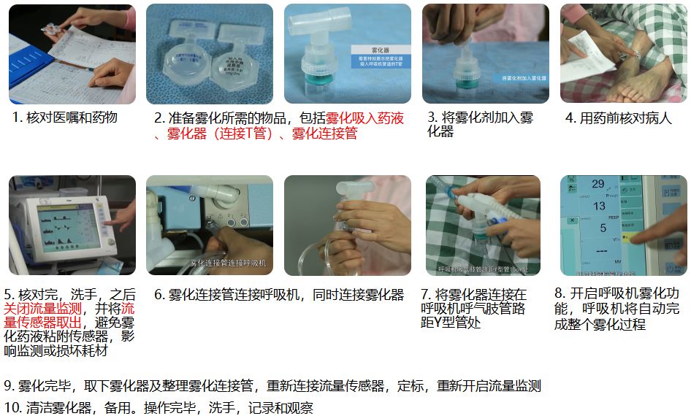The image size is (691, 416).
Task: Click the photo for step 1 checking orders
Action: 72,54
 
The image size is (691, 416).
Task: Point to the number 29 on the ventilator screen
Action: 598,184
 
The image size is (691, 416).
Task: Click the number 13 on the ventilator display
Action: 599,206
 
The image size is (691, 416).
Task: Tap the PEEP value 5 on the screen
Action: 603,228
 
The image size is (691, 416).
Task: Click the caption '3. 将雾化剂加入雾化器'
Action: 479,124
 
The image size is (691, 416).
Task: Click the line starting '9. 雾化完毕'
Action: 272,386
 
